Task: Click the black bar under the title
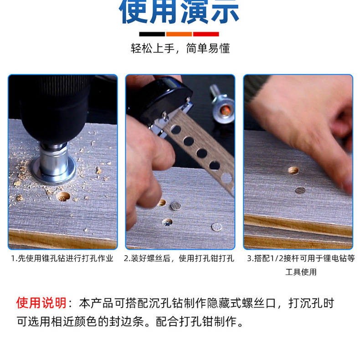click(152, 34)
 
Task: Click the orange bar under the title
click(179, 34)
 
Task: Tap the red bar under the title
click(206, 34)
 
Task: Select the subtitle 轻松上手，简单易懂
click(180, 48)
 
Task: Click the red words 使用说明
click(41, 303)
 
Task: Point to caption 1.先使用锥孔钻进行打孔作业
click(62, 258)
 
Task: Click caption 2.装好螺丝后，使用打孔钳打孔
click(179, 258)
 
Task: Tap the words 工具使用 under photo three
click(301, 272)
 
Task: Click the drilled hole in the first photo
click(63, 196)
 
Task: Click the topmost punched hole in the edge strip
click(176, 129)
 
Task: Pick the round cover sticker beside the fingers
click(176, 206)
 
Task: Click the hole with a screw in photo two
click(167, 222)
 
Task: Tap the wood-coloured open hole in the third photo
click(293, 170)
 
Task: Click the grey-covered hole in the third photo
click(300, 190)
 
